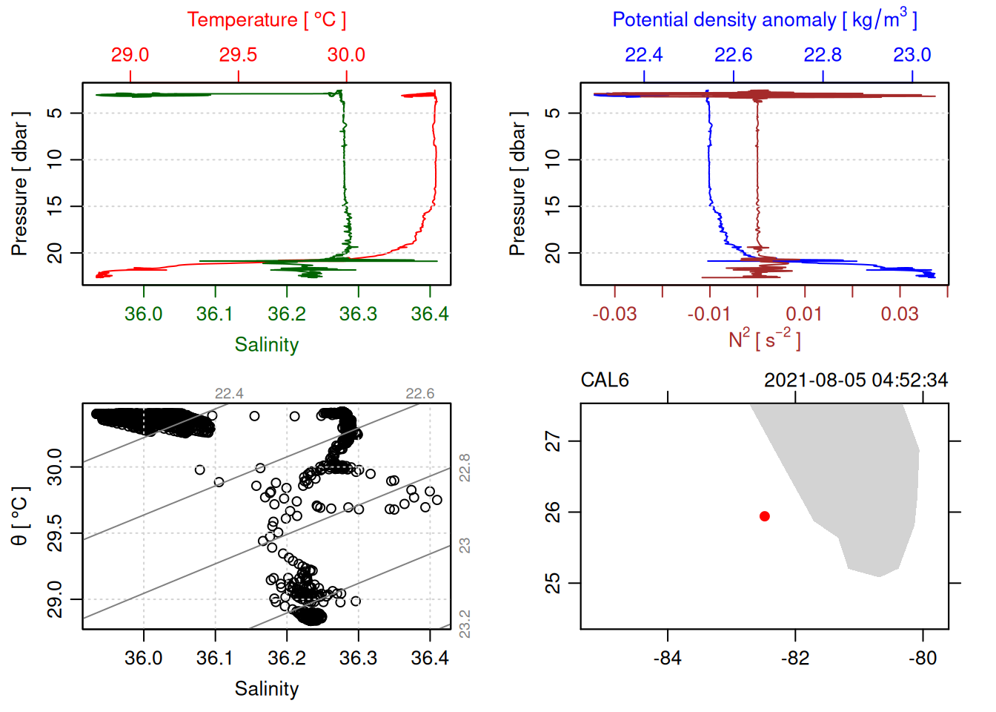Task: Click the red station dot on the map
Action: [765, 516]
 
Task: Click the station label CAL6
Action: [605, 380]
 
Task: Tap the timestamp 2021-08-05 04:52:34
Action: [855, 380]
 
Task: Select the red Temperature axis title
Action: [267, 20]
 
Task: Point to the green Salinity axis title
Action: [267, 345]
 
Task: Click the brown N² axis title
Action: [765, 339]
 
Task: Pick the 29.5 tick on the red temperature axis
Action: [238, 55]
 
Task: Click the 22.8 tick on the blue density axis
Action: [823, 55]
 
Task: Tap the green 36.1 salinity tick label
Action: [215, 314]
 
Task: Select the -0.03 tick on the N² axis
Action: [614, 314]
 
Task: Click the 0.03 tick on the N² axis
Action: [900, 314]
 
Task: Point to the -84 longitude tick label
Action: [667, 659]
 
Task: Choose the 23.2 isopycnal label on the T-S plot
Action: [465, 624]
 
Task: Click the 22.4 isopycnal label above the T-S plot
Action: [229, 394]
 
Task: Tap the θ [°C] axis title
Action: [19, 516]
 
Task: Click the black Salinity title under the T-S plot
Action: [267, 689]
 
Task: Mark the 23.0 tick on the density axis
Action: [912, 55]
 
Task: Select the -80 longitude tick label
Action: [923, 659]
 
